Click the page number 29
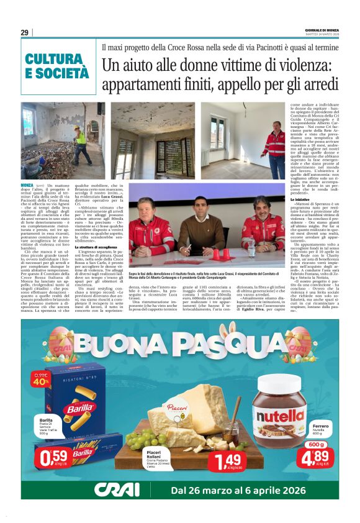[x=24, y=32]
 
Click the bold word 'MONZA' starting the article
[x=28, y=185]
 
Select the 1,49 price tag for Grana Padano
[x=224, y=461]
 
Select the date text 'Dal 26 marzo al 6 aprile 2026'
[x=245, y=489]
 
